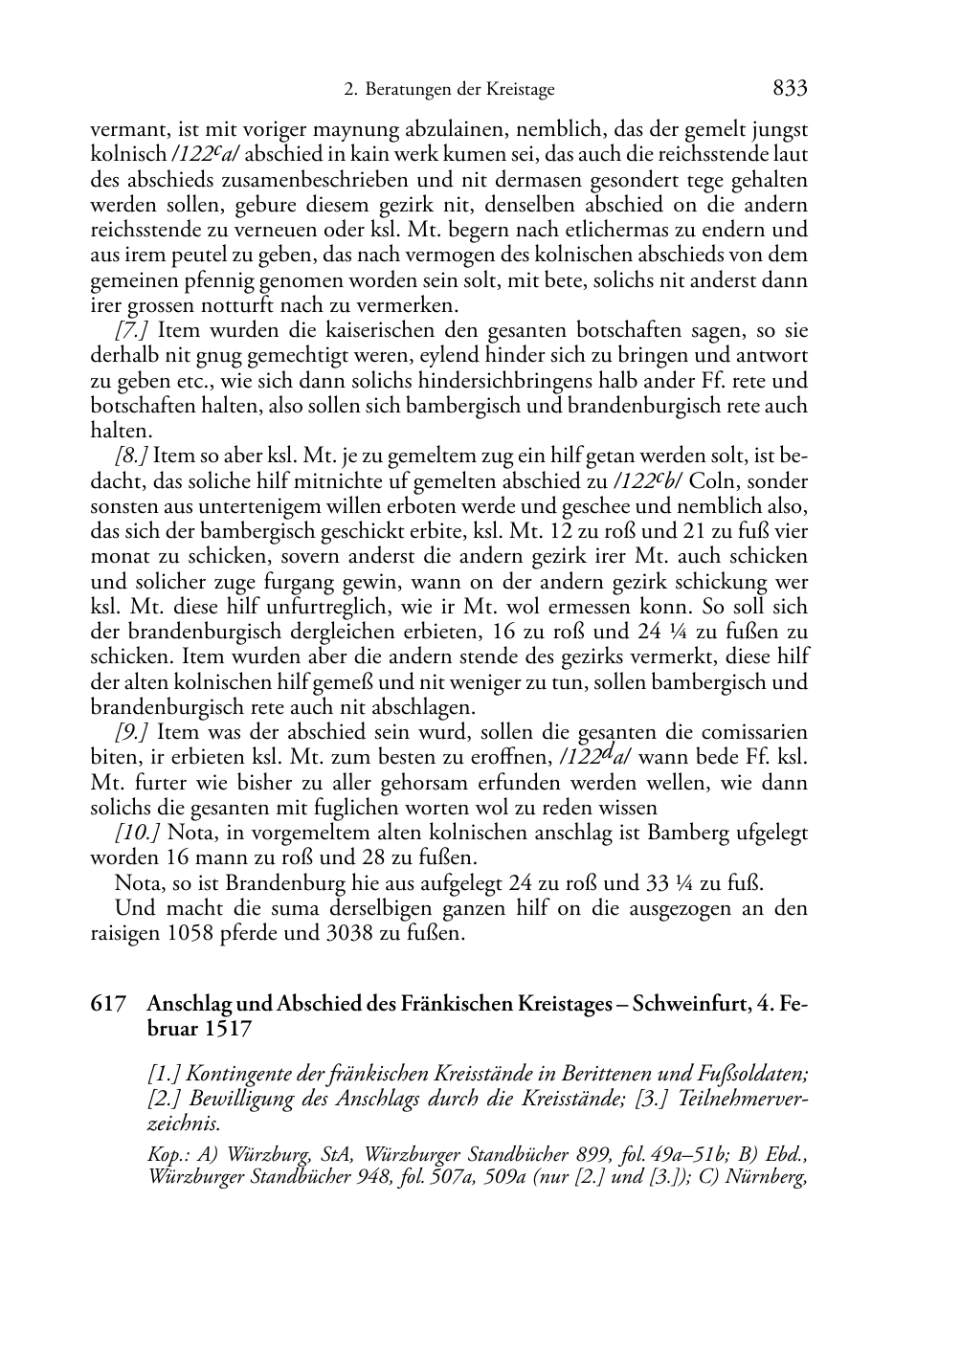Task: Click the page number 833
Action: point(790,89)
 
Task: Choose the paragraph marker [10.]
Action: point(137,833)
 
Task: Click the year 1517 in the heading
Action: point(228,1029)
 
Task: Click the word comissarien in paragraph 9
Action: point(751,732)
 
